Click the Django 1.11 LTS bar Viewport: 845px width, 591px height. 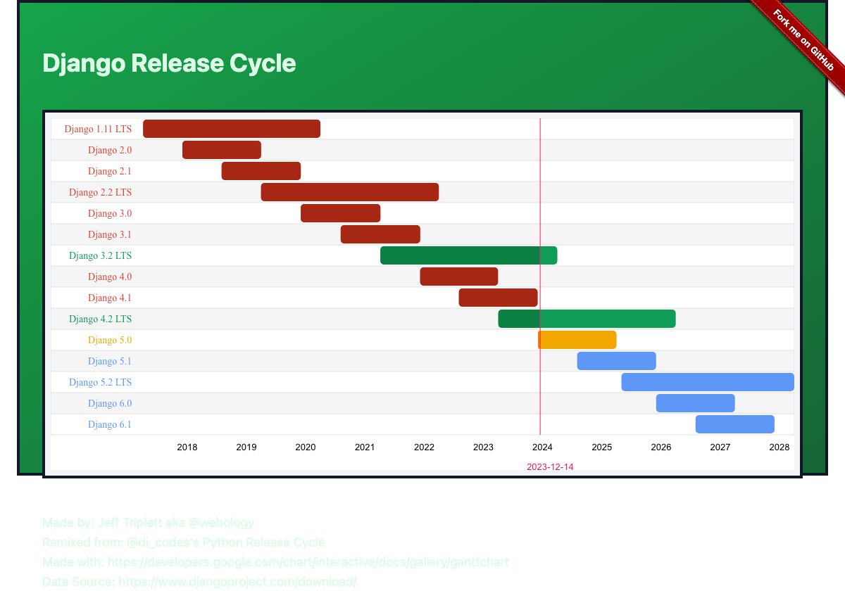click(x=232, y=129)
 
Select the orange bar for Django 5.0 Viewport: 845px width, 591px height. click(x=577, y=340)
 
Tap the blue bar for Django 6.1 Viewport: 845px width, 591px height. click(x=734, y=424)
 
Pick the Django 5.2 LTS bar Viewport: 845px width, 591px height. click(x=707, y=382)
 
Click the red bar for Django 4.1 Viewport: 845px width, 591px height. click(x=498, y=298)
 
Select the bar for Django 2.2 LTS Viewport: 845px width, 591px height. click(x=350, y=192)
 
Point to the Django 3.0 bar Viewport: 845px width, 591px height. click(x=340, y=213)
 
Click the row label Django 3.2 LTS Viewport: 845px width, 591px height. click(x=100, y=255)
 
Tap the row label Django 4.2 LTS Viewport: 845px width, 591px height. click(x=100, y=319)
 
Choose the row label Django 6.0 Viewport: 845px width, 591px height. click(x=110, y=403)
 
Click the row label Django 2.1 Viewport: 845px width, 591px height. click(x=110, y=171)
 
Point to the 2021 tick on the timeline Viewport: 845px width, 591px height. click(x=365, y=447)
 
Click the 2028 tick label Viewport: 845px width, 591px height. click(x=779, y=447)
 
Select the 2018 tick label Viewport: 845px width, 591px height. click(x=187, y=447)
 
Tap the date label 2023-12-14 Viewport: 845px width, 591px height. click(x=550, y=466)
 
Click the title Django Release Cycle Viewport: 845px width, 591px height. click(x=169, y=63)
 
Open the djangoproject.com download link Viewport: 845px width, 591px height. click(x=237, y=582)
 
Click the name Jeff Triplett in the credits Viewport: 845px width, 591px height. click(x=129, y=523)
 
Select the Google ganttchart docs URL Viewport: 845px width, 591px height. click(x=308, y=562)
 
